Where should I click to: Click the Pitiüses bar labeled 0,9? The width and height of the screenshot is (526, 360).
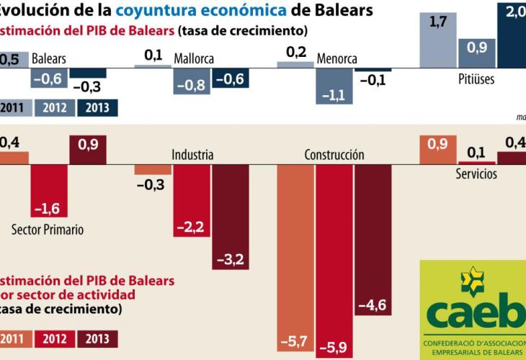pos(476,54)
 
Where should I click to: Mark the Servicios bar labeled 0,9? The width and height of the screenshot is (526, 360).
pos(437,151)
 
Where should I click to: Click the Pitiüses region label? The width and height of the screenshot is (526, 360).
pos(476,79)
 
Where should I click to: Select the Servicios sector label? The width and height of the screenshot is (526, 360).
pos(476,174)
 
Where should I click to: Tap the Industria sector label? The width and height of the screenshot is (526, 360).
pos(192,155)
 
